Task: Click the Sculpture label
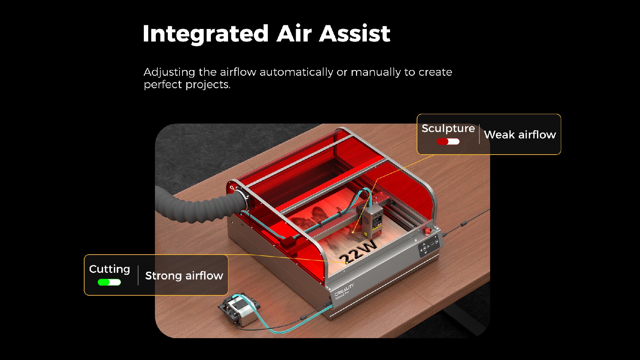pos(448,129)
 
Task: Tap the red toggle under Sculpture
pos(448,141)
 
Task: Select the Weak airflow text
pos(520,135)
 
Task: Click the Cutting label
pos(109,269)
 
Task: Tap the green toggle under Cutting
pos(109,282)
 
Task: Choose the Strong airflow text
pos(184,276)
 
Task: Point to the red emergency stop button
pos(427,231)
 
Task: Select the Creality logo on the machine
pos(344,290)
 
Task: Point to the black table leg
pos(465,317)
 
